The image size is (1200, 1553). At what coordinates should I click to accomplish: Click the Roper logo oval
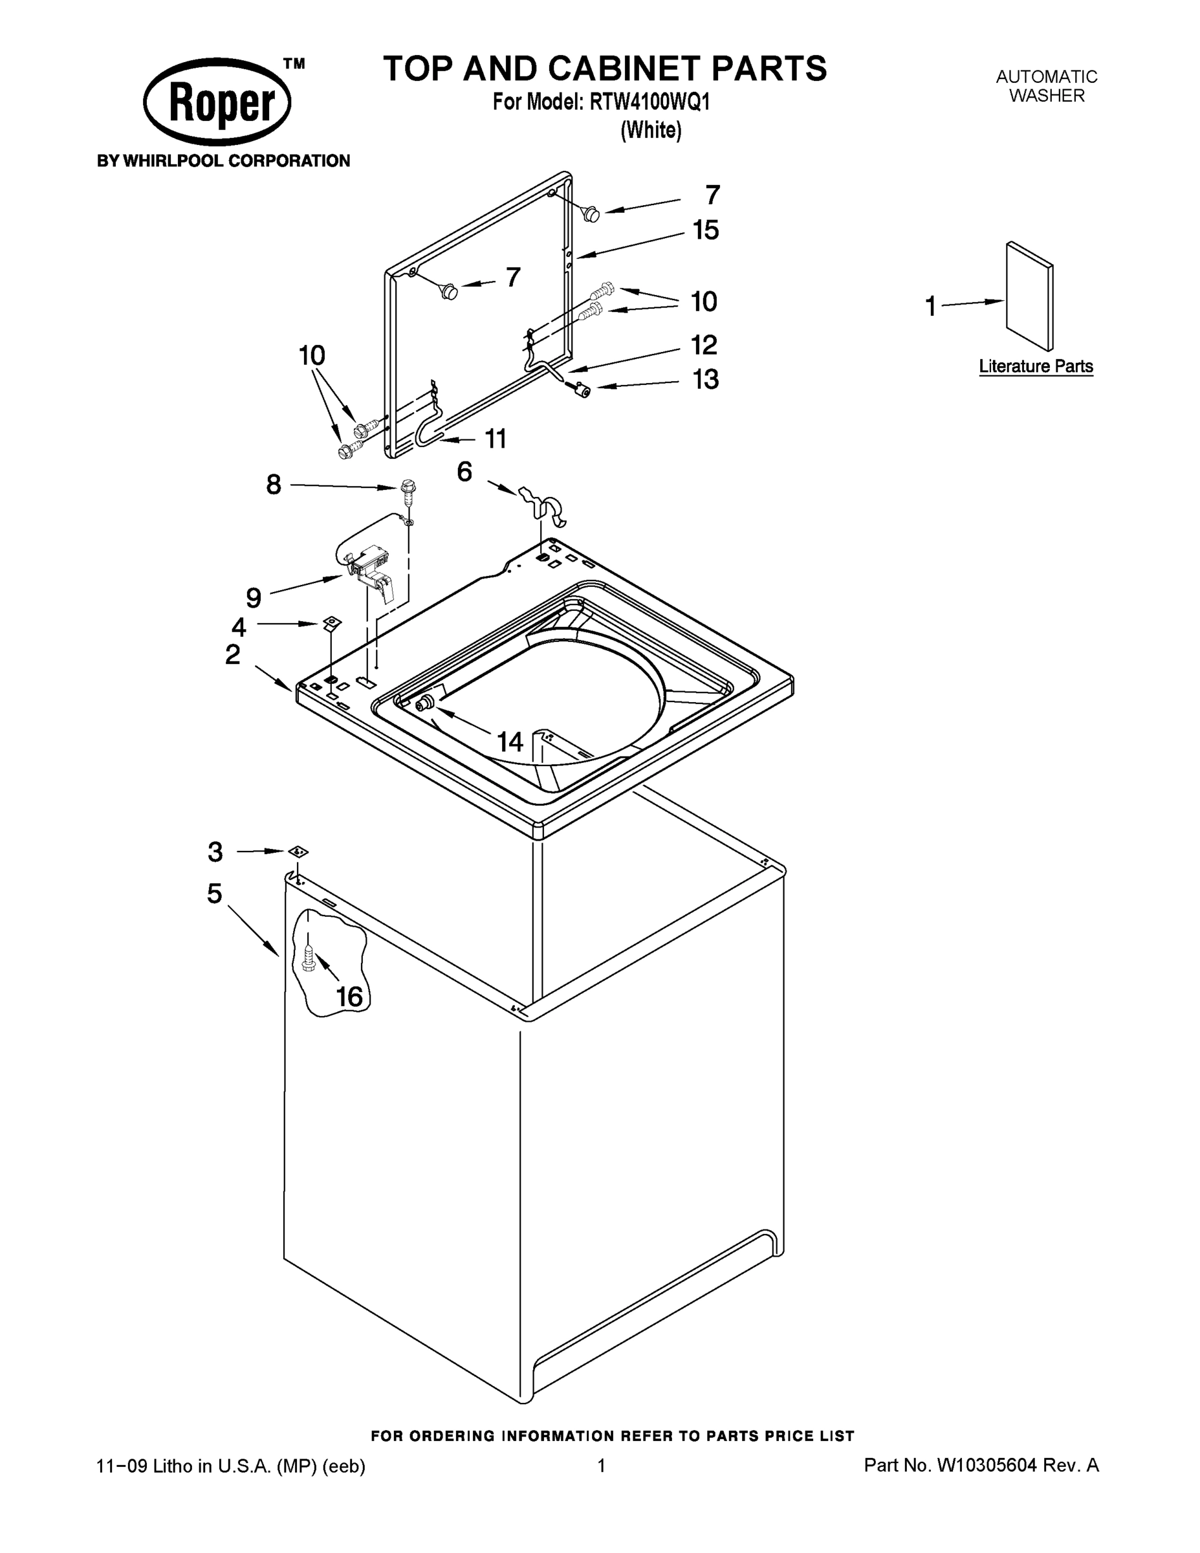click(217, 102)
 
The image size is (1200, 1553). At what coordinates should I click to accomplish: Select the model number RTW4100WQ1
click(649, 102)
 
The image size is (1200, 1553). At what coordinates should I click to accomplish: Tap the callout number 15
click(706, 230)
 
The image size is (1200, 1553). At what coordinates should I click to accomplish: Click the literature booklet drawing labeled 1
click(1029, 296)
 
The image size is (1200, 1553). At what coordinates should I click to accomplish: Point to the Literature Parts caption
click(1036, 366)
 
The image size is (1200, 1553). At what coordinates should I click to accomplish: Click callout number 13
click(706, 380)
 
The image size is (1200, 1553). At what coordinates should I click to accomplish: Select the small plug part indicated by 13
click(583, 390)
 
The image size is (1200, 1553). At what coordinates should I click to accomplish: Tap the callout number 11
click(496, 439)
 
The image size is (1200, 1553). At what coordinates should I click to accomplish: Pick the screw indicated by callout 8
click(408, 489)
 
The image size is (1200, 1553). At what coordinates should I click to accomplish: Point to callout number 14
click(510, 742)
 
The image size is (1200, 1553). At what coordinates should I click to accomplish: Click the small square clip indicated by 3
click(298, 851)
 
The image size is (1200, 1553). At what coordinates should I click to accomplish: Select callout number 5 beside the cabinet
click(215, 893)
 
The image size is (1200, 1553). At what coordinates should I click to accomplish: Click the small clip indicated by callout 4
click(331, 623)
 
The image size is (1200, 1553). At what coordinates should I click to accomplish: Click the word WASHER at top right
click(1047, 96)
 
